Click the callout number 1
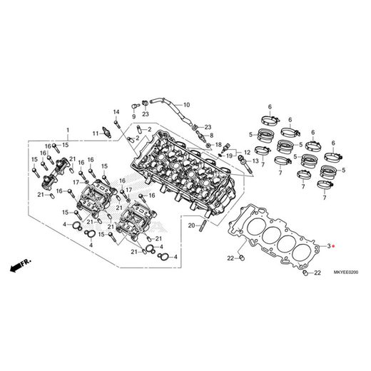click(x=68, y=131)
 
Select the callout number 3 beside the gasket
click(x=328, y=245)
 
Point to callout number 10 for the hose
click(x=186, y=106)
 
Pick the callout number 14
click(x=115, y=111)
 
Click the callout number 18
click(x=218, y=144)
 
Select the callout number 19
click(x=230, y=155)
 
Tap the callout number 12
click(x=247, y=151)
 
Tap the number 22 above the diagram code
click(x=317, y=273)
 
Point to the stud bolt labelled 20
click(x=204, y=227)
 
